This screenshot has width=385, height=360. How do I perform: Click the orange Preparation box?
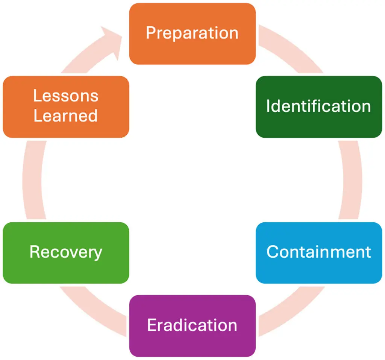point(192,34)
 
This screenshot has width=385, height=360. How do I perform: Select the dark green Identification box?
point(319,106)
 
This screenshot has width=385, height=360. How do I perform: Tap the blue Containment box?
point(319,252)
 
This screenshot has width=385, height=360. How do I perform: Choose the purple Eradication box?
point(192,325)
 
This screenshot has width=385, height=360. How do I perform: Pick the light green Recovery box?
point(66,252)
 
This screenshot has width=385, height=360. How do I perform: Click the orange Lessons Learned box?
point(66,106)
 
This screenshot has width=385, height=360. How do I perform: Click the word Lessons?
point(66,96)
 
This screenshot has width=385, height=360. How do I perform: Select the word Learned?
point(66,116)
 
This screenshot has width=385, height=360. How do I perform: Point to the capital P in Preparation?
point(151,33)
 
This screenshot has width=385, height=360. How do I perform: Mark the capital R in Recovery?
point(35,252)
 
